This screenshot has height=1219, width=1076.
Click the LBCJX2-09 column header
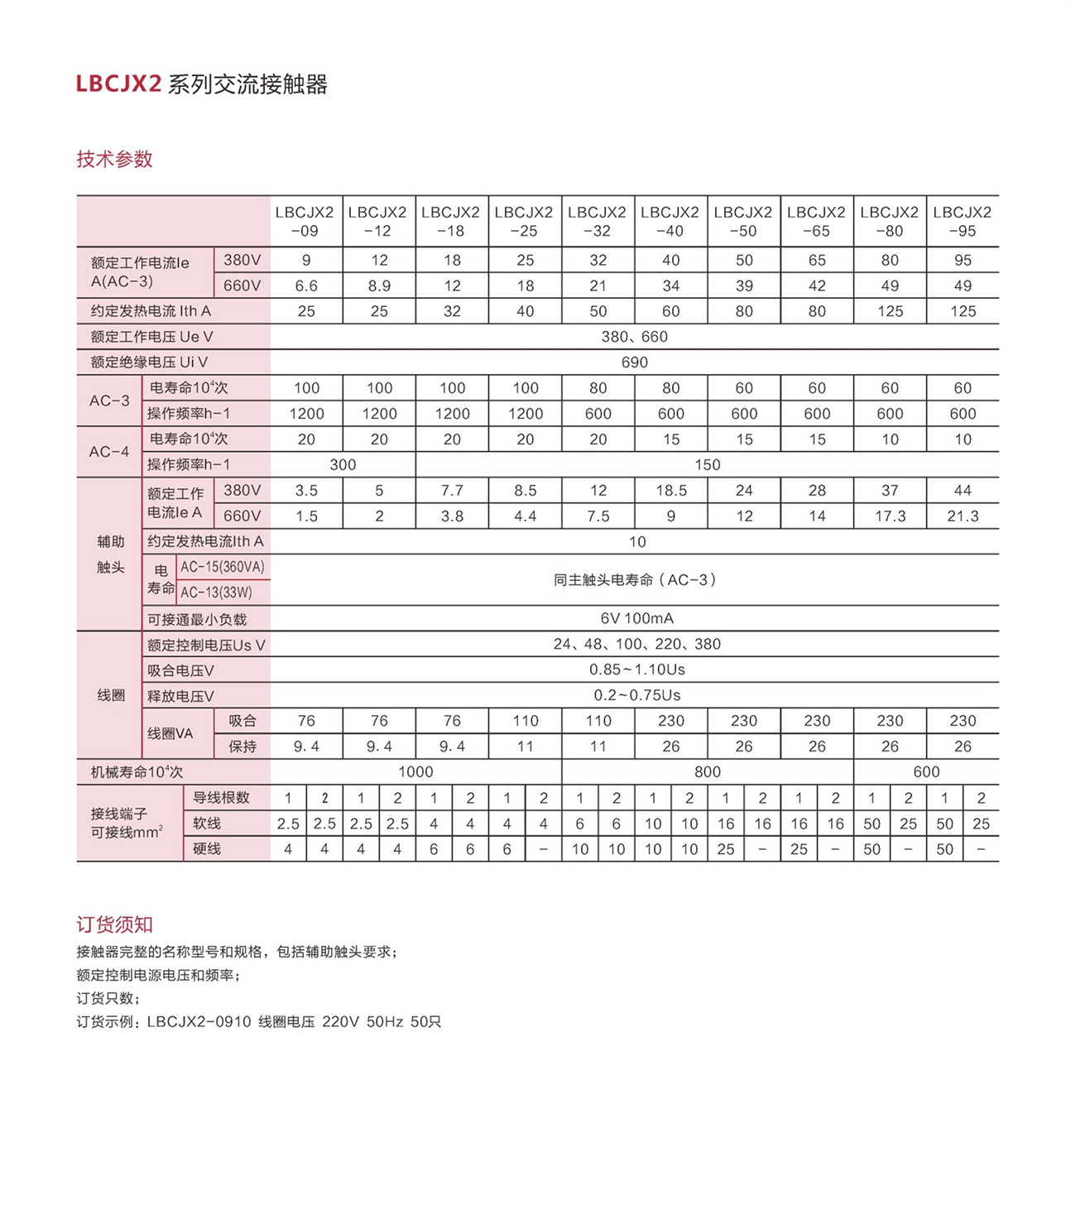tap(305, 221)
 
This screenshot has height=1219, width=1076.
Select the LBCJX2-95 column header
tap(962, 221)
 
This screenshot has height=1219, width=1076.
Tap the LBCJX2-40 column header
tap(670, 221)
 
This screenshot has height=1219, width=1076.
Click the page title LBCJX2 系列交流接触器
tap(202, 84)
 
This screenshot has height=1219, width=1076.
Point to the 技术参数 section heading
tap(114, 159)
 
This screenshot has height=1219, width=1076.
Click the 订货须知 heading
tap(114, 924)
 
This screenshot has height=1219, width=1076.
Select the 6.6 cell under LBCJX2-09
tap(306, 286)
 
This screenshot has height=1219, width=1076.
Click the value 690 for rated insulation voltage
tap(634, 362)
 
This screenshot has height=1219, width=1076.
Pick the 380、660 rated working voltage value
tap(634, 337)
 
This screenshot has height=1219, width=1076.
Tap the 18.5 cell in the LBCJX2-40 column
tap(670, 491)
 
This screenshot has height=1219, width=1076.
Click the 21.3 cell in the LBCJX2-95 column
tap(962, 516)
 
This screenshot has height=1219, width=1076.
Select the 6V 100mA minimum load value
tap(636, 618)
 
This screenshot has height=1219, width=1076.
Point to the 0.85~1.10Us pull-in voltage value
tap(636, 669)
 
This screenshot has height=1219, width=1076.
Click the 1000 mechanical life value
tap(416, 772)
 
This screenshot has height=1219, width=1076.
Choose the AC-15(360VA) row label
tap(223, 568)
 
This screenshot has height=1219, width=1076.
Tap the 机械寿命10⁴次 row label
tap(137, 772)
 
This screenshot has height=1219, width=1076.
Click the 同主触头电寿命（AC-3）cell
tap(634, 580)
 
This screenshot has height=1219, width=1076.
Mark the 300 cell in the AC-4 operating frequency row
tap(343, 465)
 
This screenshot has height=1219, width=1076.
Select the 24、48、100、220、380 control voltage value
tap(636, 644)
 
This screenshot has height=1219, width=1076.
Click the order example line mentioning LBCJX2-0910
tap(258, 1022)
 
